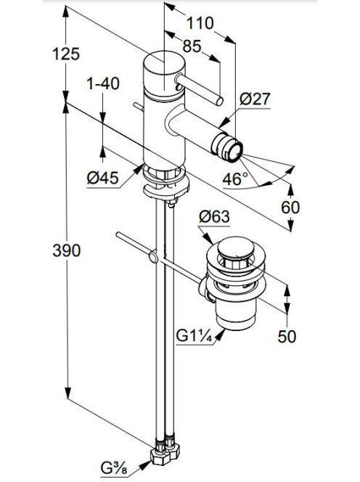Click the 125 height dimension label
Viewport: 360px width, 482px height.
66,54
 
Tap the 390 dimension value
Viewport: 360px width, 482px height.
66,250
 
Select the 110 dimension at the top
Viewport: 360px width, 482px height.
200,23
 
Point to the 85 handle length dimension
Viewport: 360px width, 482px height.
192,46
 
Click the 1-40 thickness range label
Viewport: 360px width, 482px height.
103,83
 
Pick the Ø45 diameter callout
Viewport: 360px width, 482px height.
102,178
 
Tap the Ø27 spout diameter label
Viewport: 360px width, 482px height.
255,99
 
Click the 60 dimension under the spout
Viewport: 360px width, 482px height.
290,208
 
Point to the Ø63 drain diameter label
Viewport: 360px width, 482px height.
214,217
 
